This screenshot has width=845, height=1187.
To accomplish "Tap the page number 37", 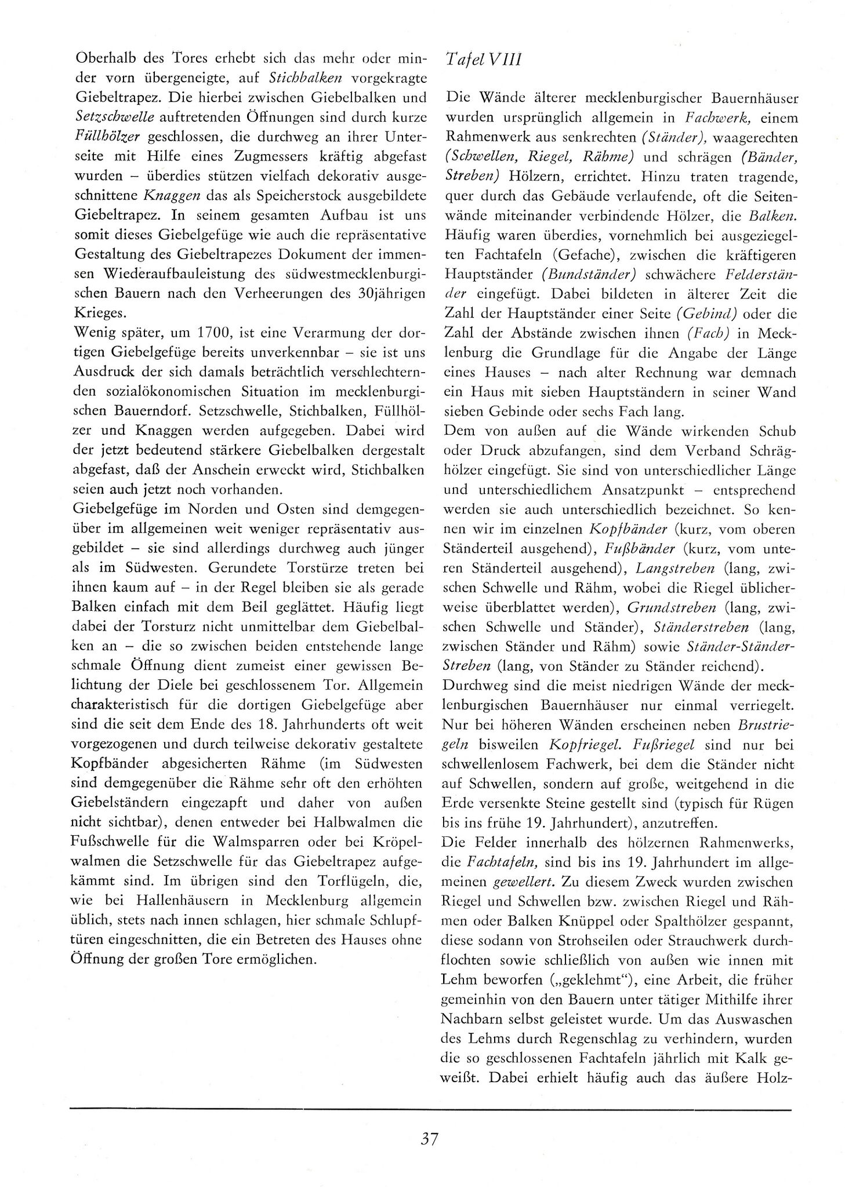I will pyautogui.click(x=430, y=1138).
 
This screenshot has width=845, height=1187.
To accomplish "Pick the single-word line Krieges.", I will pyautogui.click(x=99, y=313).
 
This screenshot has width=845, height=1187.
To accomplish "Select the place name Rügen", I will pyautogui.click(x=773, y=803).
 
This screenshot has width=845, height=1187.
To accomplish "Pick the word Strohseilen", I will pyautogui.click(x=604, y=940).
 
